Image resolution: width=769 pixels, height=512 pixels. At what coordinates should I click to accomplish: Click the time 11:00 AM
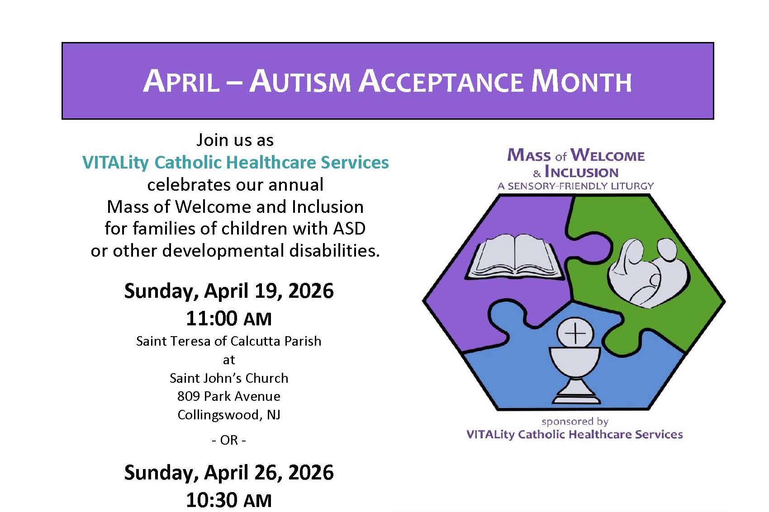click(x=229, y=318)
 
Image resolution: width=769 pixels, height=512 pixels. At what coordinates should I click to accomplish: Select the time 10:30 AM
click(x=229, y=500)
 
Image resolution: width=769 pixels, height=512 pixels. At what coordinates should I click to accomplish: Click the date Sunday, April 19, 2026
click(x=229, y=291)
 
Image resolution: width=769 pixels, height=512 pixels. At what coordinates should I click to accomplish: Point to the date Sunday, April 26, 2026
click(x=229, y=473)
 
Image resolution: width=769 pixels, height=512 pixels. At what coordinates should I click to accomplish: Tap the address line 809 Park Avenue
click(x=229, y=396)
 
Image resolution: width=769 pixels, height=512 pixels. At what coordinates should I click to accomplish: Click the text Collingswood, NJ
click(x=229, y=415)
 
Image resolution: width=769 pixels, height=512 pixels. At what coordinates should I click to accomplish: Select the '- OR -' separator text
click(x=229, y=440)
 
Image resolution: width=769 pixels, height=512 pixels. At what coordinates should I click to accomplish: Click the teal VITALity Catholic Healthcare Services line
click(x=236, y=162)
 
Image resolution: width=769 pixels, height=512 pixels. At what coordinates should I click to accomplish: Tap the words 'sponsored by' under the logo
click(x=575, y=422)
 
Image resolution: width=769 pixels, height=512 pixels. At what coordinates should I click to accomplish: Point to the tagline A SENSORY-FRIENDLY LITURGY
click(x=576, y=186)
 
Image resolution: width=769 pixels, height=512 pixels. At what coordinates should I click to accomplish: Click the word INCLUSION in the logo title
click(x=582, y=172)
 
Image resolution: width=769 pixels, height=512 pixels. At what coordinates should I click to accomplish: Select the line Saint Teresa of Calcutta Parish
click(x=229, y=341)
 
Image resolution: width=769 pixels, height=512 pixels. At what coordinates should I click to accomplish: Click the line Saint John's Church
click(x=229, y=378)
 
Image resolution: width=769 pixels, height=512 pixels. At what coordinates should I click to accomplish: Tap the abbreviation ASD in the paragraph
click(x=349, y=228)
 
